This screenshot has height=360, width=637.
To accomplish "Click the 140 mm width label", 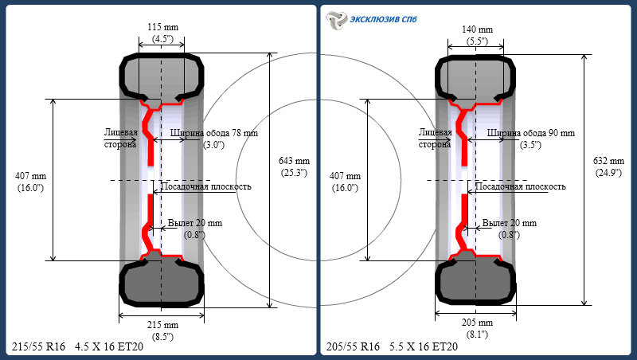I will (x=477, y=29).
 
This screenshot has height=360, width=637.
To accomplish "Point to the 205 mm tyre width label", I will (x=477, y=323).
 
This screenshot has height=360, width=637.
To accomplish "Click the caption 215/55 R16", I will (x=37, y=347).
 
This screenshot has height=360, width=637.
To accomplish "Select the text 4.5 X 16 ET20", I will (x=109, y=347).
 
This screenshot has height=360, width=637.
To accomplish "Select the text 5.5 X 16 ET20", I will (x=424, y=347).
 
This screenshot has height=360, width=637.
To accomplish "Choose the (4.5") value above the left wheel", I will (x=162, y=38).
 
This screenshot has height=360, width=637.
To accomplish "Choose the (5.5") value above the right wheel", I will (x=477, y=40).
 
